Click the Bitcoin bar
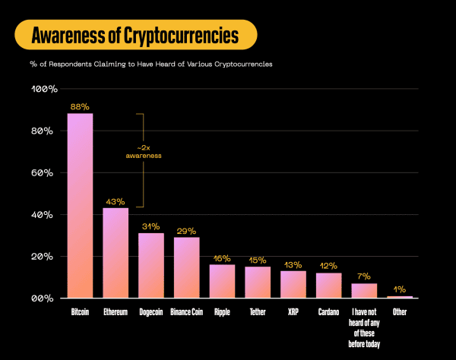(80, 205)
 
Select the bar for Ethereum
(116, 252)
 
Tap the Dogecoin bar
(151, 265)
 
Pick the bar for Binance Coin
(186, 267)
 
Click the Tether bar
(258, 282)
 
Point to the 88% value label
(80, 107)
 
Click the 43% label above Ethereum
(116, 201)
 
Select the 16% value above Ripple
(222, 258)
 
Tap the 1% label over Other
(400, 289)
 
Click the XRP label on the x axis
(293, 312)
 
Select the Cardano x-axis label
(328, 312)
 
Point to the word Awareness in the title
(70, 35)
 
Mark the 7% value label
(364, 276)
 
